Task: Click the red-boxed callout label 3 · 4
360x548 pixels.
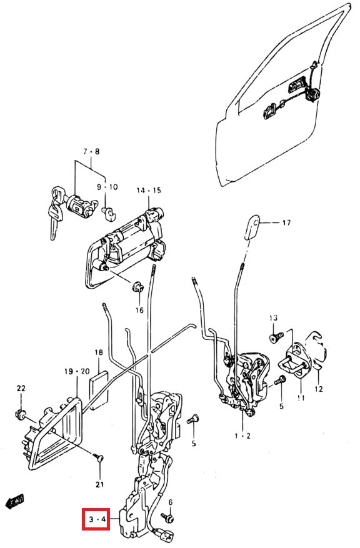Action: (96, 519)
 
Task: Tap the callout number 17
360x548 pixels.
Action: (286, 222)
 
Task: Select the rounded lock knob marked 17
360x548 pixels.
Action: (251, 227)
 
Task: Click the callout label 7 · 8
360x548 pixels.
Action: (91, 151)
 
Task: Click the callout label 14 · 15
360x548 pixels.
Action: (149, 190)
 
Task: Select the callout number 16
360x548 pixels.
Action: (139, 310)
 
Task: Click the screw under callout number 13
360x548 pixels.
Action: (273, 338)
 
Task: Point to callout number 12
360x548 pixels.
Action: (320, 389)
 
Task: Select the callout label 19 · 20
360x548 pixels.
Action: (76, 371)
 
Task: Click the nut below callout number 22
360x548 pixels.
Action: (21, 414)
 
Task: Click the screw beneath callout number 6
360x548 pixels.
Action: (166, 517)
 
